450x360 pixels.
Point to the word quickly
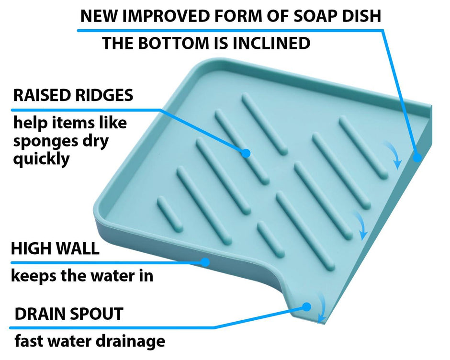pyautogui.click(x=41, y=159)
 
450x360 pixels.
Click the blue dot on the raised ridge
pyautogui.click(x=246, y=153)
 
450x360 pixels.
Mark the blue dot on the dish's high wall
pyautogui.click(x=205, y=262)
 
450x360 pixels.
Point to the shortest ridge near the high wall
pyautogui.click(x=169, y=213)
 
